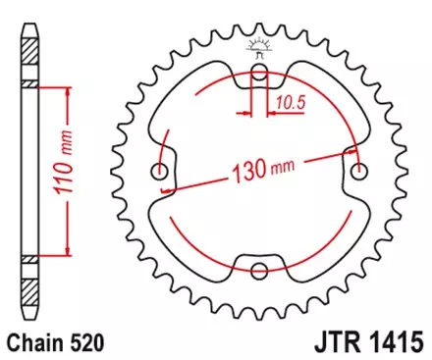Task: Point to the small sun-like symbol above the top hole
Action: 260,44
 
